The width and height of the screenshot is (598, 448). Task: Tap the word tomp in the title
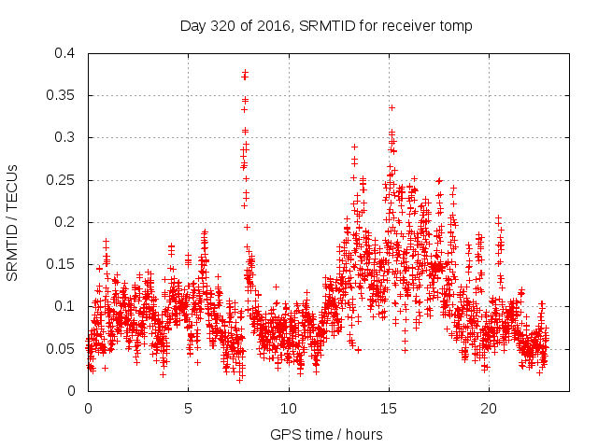[x=456, y=26]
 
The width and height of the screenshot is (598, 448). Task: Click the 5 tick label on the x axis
[x=188, y=409]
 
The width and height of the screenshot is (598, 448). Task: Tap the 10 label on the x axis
[x=289, y=409]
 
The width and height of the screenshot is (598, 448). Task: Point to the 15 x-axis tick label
[x=389, y=409]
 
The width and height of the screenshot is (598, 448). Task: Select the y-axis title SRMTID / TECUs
[x=13, y=222]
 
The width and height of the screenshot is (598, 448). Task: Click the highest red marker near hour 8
[x=245, y=71]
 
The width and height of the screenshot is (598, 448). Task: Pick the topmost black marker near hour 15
[x=392, y=107]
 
